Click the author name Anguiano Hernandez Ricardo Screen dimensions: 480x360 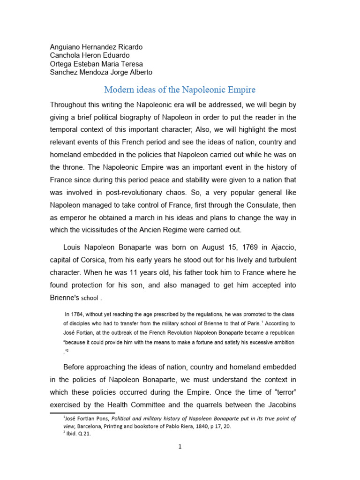pos(96,47)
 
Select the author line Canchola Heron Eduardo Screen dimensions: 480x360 pos(90,55)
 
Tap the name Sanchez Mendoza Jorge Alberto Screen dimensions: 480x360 pos(101,72)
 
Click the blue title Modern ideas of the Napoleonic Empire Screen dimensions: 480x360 pos(180,89)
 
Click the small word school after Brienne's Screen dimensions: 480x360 pos(90,298)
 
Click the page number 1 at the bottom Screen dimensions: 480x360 pos(180,447)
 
